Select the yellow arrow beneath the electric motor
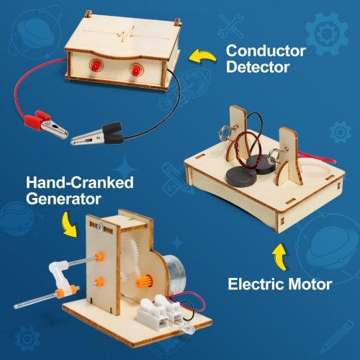click(x=279, y=255)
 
